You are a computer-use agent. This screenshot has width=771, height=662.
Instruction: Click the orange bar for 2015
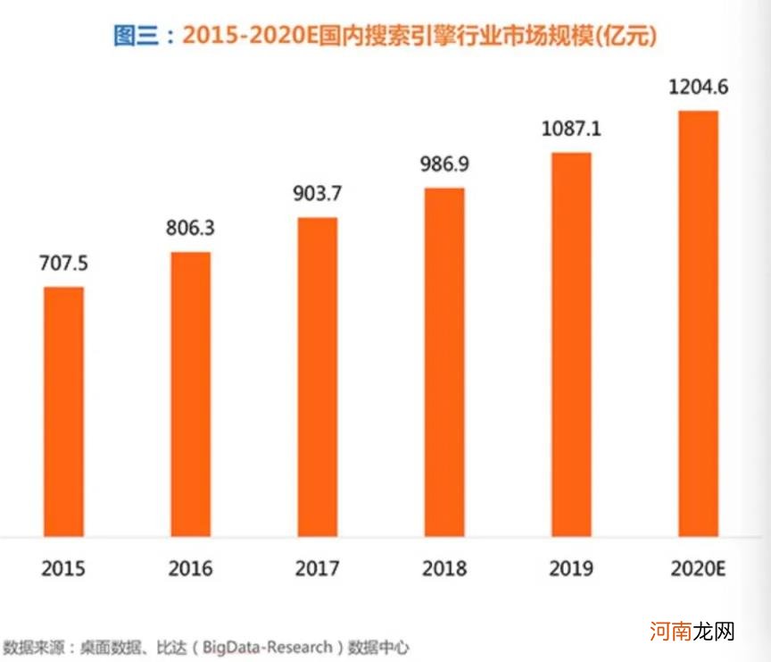pyautogui.click(x=63, y=411)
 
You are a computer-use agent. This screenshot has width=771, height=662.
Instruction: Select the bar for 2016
pyautogui.click(x=190, y=394)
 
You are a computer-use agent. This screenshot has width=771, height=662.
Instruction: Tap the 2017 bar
pyautogui.click(x=317, y=376)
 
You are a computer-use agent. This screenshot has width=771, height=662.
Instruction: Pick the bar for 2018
pyautogui.click(x=444, y=362)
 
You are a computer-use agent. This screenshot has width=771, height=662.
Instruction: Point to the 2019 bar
pyautogui.click(x=571, y=344)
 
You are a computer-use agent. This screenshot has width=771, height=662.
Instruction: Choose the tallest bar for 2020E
pyautogui.click(x=698, y=323)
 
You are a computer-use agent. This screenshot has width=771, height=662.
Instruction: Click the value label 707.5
pyautogui.click(x=63, y=264)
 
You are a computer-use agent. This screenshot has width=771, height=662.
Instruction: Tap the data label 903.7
pyautogui.click(x=317, y=194)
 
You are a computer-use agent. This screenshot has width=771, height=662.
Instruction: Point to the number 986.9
pyautogui.click(x=444, y=164)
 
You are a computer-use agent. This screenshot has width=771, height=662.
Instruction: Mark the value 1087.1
pyautogui.click(x=571, y=129)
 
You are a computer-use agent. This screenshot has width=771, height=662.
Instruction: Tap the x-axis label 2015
pyautogui.click(x=63, y=568)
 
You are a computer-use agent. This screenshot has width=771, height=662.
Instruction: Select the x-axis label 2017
pyautogui.click(x=317, y=568)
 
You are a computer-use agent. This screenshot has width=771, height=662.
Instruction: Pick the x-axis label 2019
pyautogui.click(x=571, y=568)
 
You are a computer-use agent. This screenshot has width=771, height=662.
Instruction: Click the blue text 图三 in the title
pyautogui.click(x=136, y=36)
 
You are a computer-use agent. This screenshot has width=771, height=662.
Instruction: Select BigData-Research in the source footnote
pyautogui.click(x=267, y=646)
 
